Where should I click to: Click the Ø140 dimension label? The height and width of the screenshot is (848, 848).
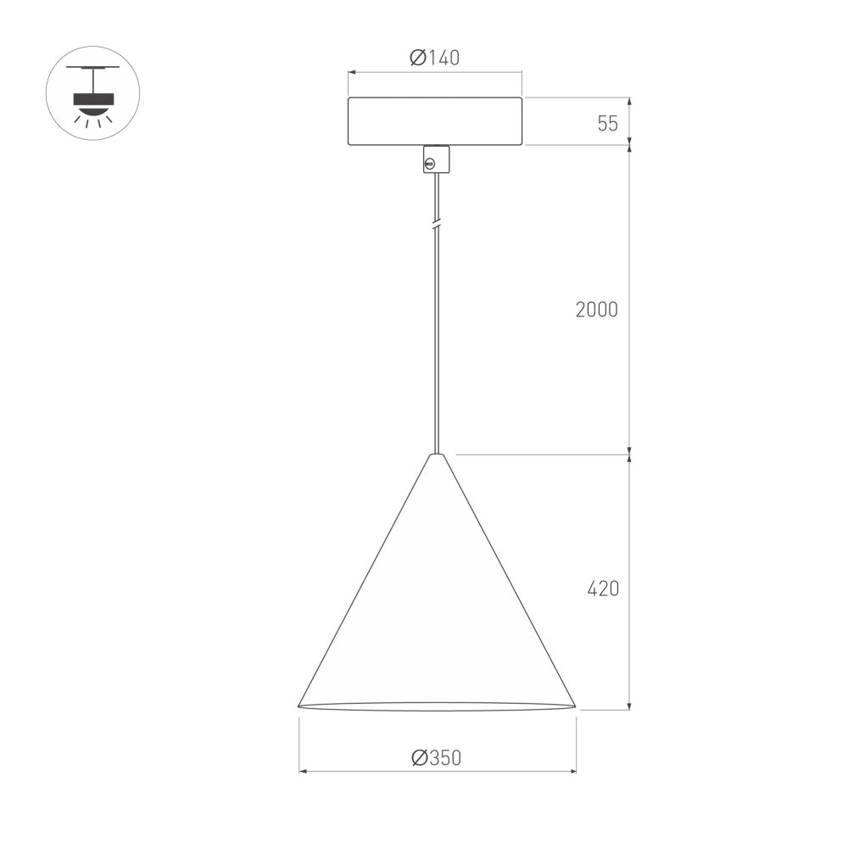(434, 58)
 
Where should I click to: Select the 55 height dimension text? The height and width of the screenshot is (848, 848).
(607, 124)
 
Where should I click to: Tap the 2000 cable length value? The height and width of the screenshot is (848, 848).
(596, 310)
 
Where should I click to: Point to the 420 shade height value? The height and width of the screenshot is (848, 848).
(603, 589)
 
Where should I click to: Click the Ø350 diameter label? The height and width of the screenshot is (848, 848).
(436, 758)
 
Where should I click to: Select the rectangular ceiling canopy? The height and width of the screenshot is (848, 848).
(434, 121)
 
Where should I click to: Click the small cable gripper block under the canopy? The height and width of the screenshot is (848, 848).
(436, 159)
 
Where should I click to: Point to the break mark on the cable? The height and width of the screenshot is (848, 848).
(436, 225)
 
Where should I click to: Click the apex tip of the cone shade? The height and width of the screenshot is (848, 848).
(436, 455)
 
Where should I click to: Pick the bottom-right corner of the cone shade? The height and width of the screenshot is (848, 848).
(574, 705)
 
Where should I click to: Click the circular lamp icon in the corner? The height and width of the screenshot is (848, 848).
(92, 92)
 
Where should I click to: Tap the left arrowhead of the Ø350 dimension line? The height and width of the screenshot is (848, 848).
(302, 772)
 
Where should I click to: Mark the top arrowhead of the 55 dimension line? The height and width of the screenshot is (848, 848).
(629, 100)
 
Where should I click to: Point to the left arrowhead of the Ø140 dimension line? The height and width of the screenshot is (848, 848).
(351, 73)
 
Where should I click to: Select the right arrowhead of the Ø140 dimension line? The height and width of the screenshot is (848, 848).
(519, 73)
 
